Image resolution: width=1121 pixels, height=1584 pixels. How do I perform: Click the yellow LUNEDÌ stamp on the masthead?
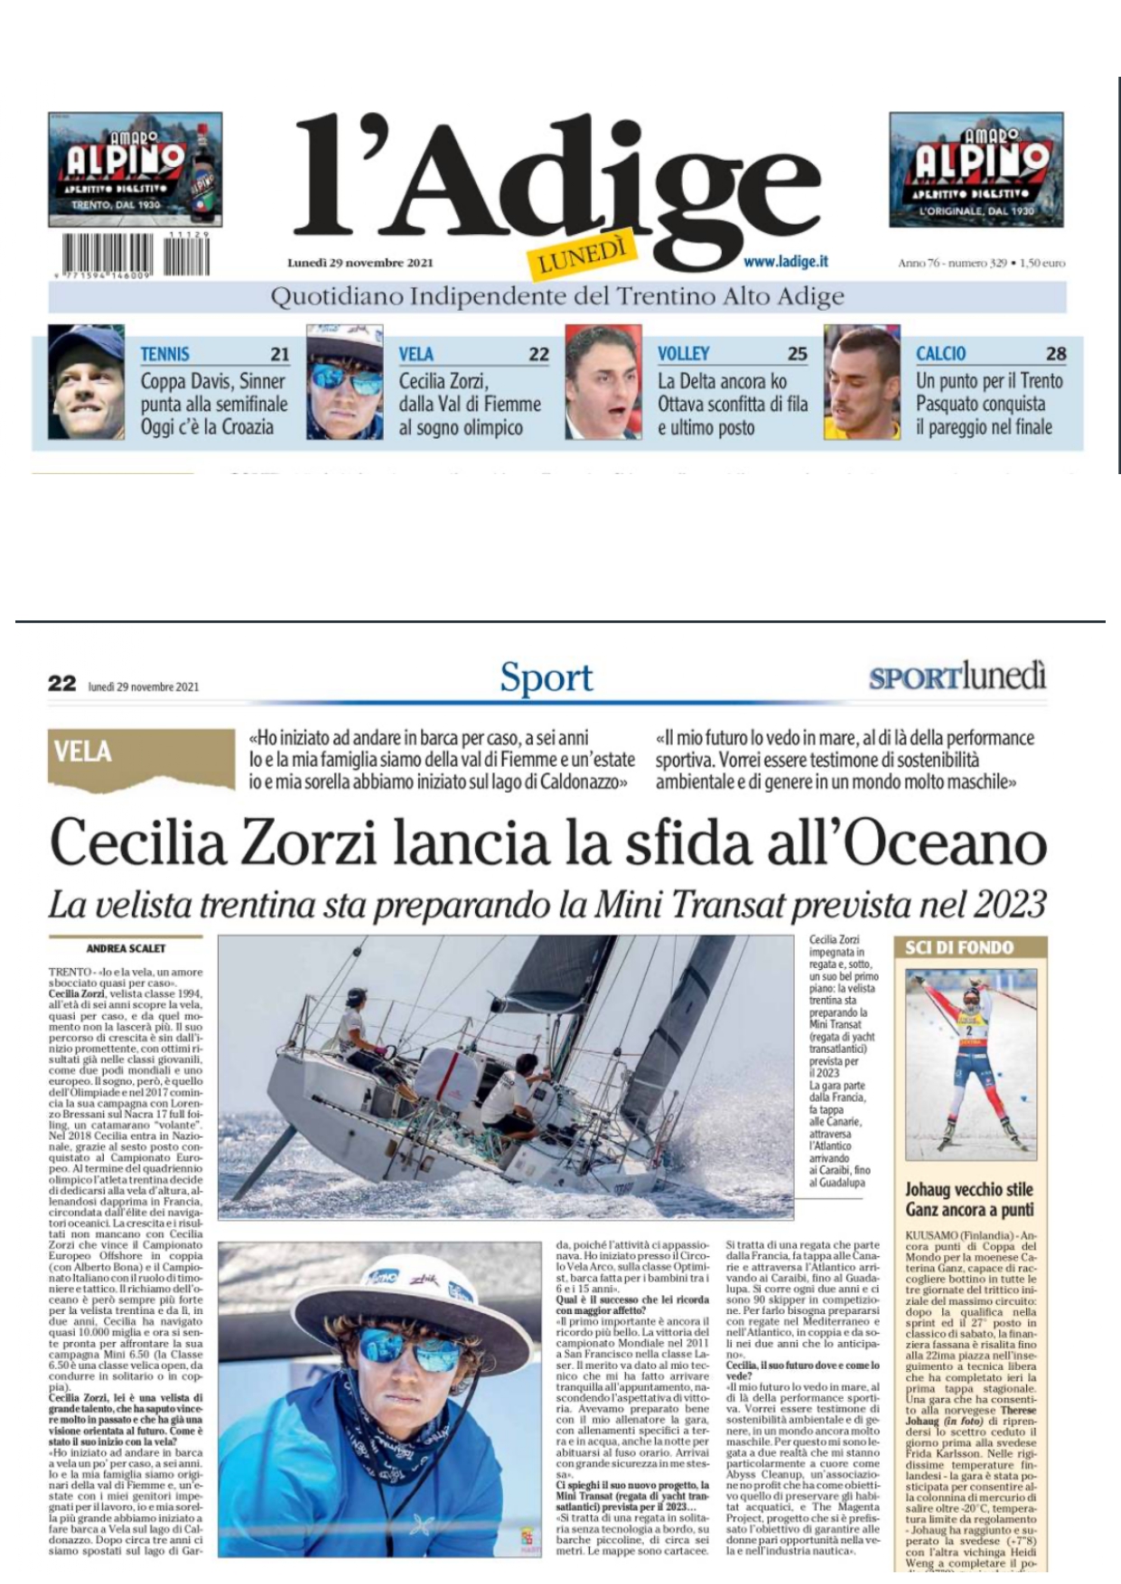point(583,253)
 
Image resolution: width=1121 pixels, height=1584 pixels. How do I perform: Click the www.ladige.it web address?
point(786,262)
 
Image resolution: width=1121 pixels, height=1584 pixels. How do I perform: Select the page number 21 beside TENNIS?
point(279,354)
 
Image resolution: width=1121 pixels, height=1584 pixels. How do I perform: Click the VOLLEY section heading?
point(683,354)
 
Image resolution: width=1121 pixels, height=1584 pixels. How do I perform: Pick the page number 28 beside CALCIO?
point(1055,354)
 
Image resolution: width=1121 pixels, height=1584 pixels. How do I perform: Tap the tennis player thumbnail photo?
point(86,381)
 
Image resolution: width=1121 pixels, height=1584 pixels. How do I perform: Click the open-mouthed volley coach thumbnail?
point(603,381)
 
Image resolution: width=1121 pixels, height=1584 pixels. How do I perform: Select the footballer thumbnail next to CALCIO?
point(862,381)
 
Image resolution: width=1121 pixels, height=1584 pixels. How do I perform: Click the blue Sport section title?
point(546,677)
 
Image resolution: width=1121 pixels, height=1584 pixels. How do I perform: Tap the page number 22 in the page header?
point(61,684)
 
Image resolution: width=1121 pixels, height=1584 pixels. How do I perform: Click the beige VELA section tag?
point(83,752)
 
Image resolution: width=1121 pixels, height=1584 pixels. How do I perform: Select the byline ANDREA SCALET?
point(125,949)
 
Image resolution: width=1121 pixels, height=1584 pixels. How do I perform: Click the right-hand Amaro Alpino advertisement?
point(976,170)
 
